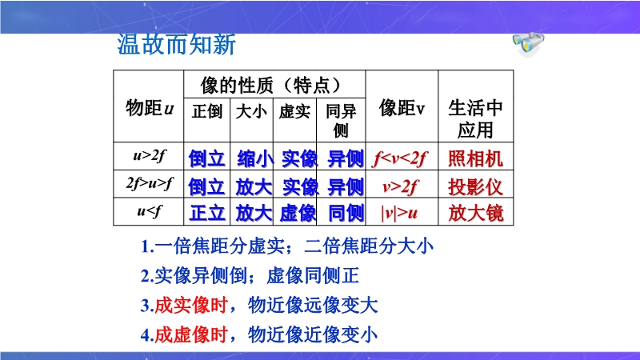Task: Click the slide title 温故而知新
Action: coord(176,45)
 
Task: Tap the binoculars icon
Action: coord(528,44)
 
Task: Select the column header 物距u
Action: coord(150,108)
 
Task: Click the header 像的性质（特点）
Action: coord(270,86)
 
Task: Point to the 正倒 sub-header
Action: coord(207,111)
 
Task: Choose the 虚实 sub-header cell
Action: coord(294,111)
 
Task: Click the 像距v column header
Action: coord(402,108)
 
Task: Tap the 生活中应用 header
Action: coord(475,118)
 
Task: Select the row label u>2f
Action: coord(149,155)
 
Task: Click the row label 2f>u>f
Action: coord(149,183)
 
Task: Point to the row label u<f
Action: coord(149,211)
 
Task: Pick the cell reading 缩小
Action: coord(254,158)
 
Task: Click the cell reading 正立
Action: coord(207,213)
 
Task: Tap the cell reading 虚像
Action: coord(298,213)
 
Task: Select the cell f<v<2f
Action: coord(399,158)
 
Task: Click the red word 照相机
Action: coord(475,158)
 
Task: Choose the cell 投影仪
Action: coord(475,187)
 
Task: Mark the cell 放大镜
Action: coord(475,213)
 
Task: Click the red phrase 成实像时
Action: coord(190,306)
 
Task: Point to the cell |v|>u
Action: coord(399,213)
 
